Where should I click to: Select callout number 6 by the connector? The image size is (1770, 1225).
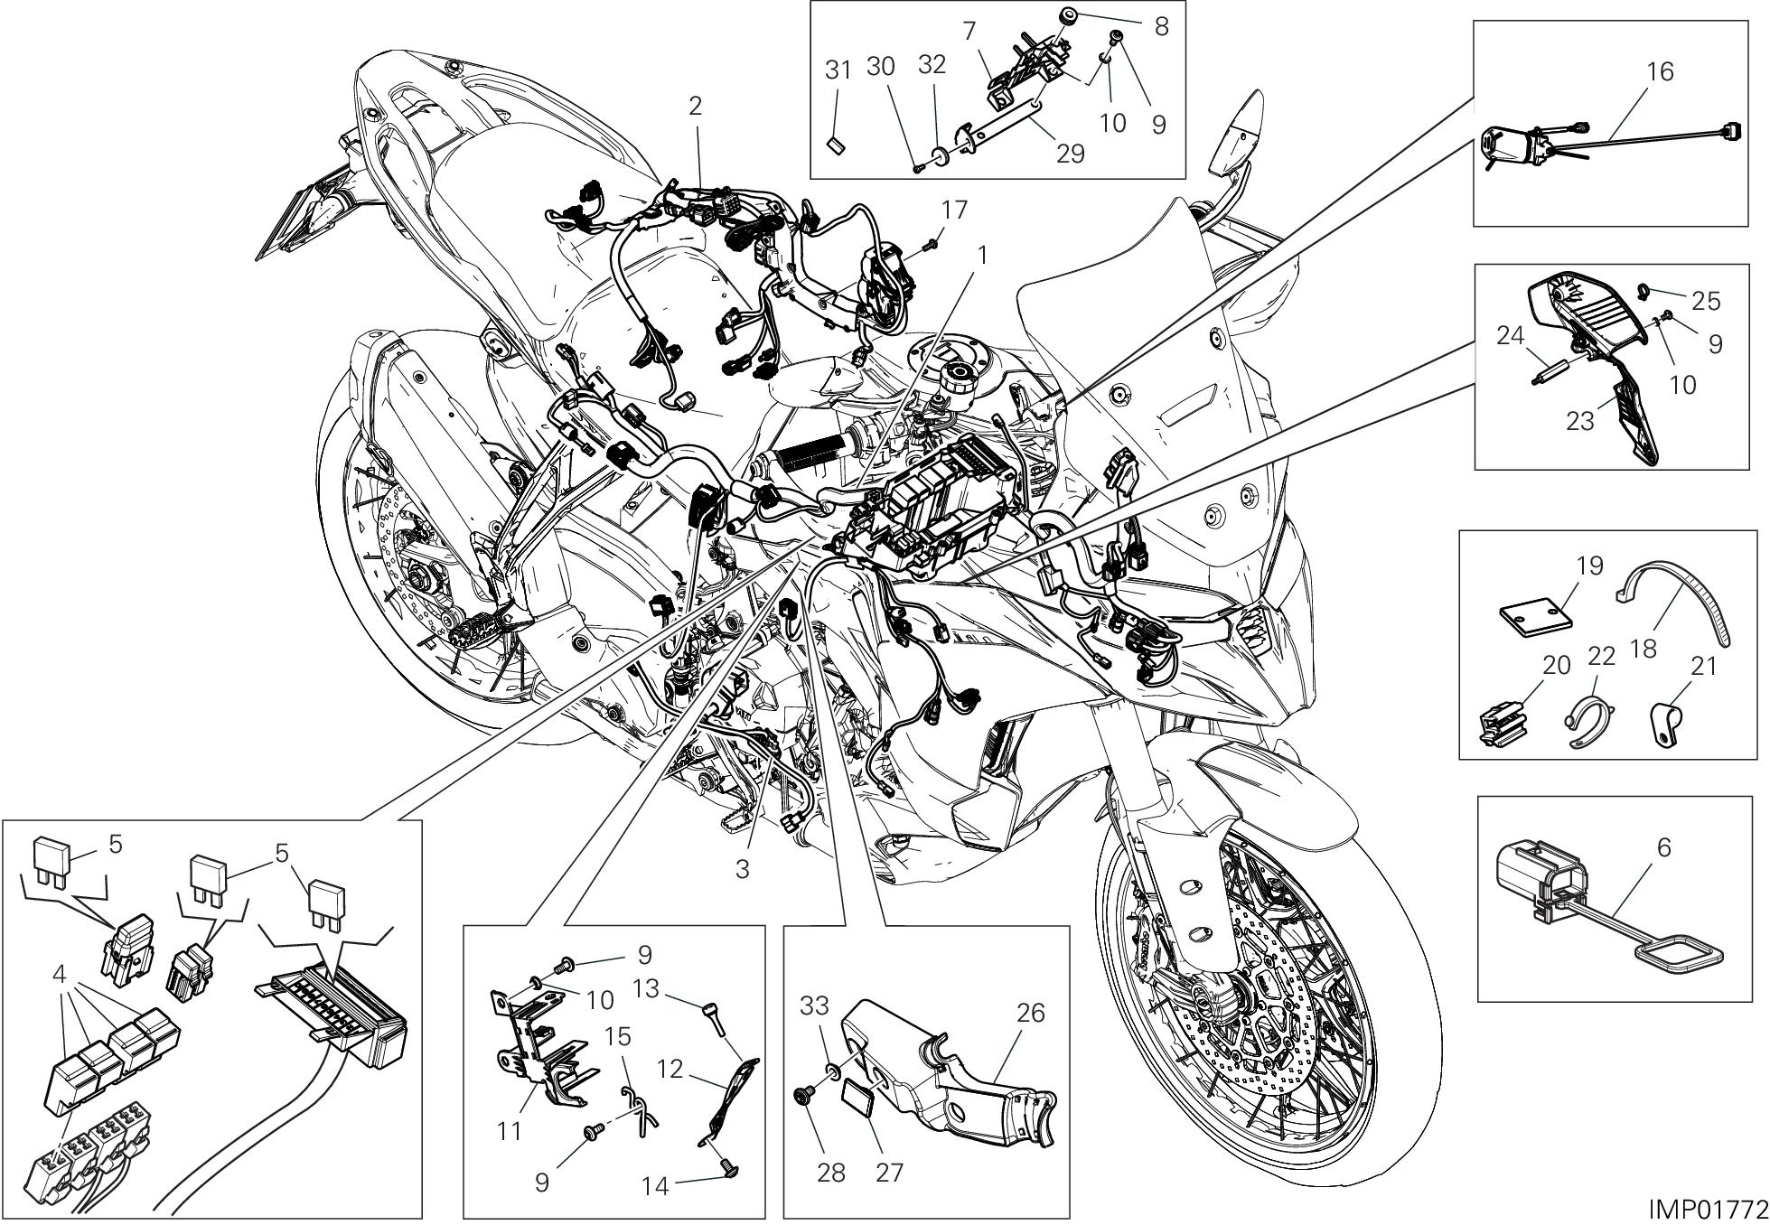tap(1664, 847)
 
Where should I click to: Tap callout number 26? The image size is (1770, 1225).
tap(1031, 1013)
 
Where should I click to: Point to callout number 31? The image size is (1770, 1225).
tap(838, 70)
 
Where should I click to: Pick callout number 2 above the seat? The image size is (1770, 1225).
tap(694, 106)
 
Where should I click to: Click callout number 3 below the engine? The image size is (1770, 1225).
tap(742, 869)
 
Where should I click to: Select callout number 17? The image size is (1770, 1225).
tap(953, 210)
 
